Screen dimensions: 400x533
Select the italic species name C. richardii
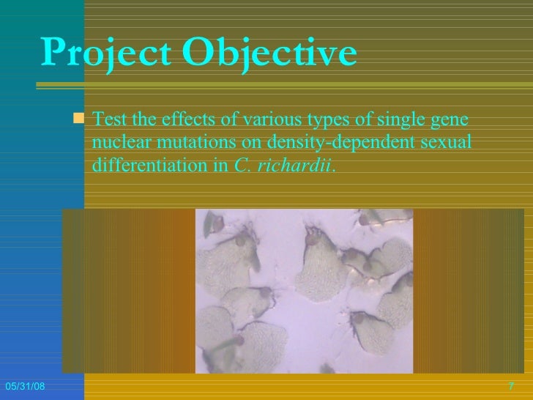coord(284,165)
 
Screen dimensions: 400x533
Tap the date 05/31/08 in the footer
coord(23,386)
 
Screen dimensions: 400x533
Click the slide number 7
coord(510,386)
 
